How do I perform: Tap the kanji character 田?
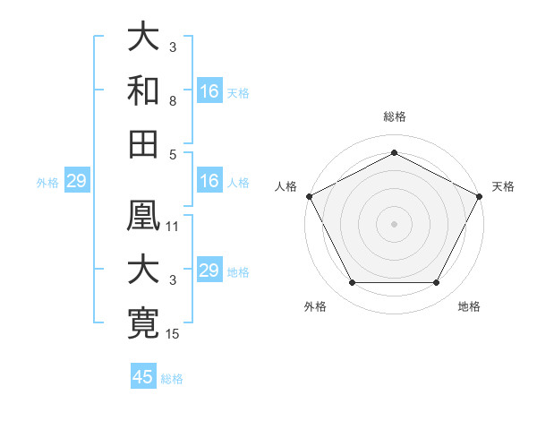click(144, 142)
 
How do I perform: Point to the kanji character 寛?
click(144, 322)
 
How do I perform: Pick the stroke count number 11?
click(173, 227)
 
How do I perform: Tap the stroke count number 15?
click(173, 334)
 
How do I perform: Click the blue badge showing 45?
click(143, 377)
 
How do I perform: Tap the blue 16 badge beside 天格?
click(209, 91)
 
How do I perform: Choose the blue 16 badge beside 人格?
click(209, 182)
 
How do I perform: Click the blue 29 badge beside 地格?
click(209, 271)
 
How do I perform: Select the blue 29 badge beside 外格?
click(76, 182)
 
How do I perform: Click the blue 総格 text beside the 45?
click(172, 378)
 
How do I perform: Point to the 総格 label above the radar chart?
click(394, 117)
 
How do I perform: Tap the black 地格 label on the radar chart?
click(469, 306)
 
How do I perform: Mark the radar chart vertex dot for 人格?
click(308, 195)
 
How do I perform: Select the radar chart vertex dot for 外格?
click(352, 283)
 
